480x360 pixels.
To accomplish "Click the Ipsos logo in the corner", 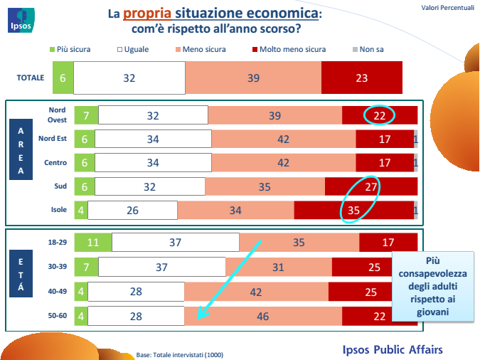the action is click(21, 20).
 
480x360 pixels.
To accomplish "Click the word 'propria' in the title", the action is click(147, 14).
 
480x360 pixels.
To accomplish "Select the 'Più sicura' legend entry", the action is click(70, 49).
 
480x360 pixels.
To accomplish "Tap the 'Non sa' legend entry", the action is click(368, 49).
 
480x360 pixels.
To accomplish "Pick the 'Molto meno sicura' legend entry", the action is click(289, 49).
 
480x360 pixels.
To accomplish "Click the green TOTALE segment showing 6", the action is click(63, 78).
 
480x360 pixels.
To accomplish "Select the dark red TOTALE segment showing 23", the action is click(362, 78).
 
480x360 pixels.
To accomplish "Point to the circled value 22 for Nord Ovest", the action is click(379, 115).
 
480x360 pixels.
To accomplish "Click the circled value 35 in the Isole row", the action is click(353, 210).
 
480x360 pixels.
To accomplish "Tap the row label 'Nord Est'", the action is click(53, 139).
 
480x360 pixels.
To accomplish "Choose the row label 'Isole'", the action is click(59, 210).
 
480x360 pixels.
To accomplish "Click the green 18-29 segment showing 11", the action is click(93, 243).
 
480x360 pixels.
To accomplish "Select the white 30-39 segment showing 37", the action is click(162, 267).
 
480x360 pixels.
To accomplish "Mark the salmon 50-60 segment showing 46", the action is click(263, 316).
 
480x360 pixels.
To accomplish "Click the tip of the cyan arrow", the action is click(198, 319).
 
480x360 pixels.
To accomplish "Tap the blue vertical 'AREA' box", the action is click(21, 149).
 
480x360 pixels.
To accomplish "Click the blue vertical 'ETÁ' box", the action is click(21, 274).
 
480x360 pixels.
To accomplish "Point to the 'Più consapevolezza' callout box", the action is click(433, 287).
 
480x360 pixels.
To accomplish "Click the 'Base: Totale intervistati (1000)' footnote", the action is click(180, 355).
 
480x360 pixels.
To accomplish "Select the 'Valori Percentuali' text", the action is click(447, 8).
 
